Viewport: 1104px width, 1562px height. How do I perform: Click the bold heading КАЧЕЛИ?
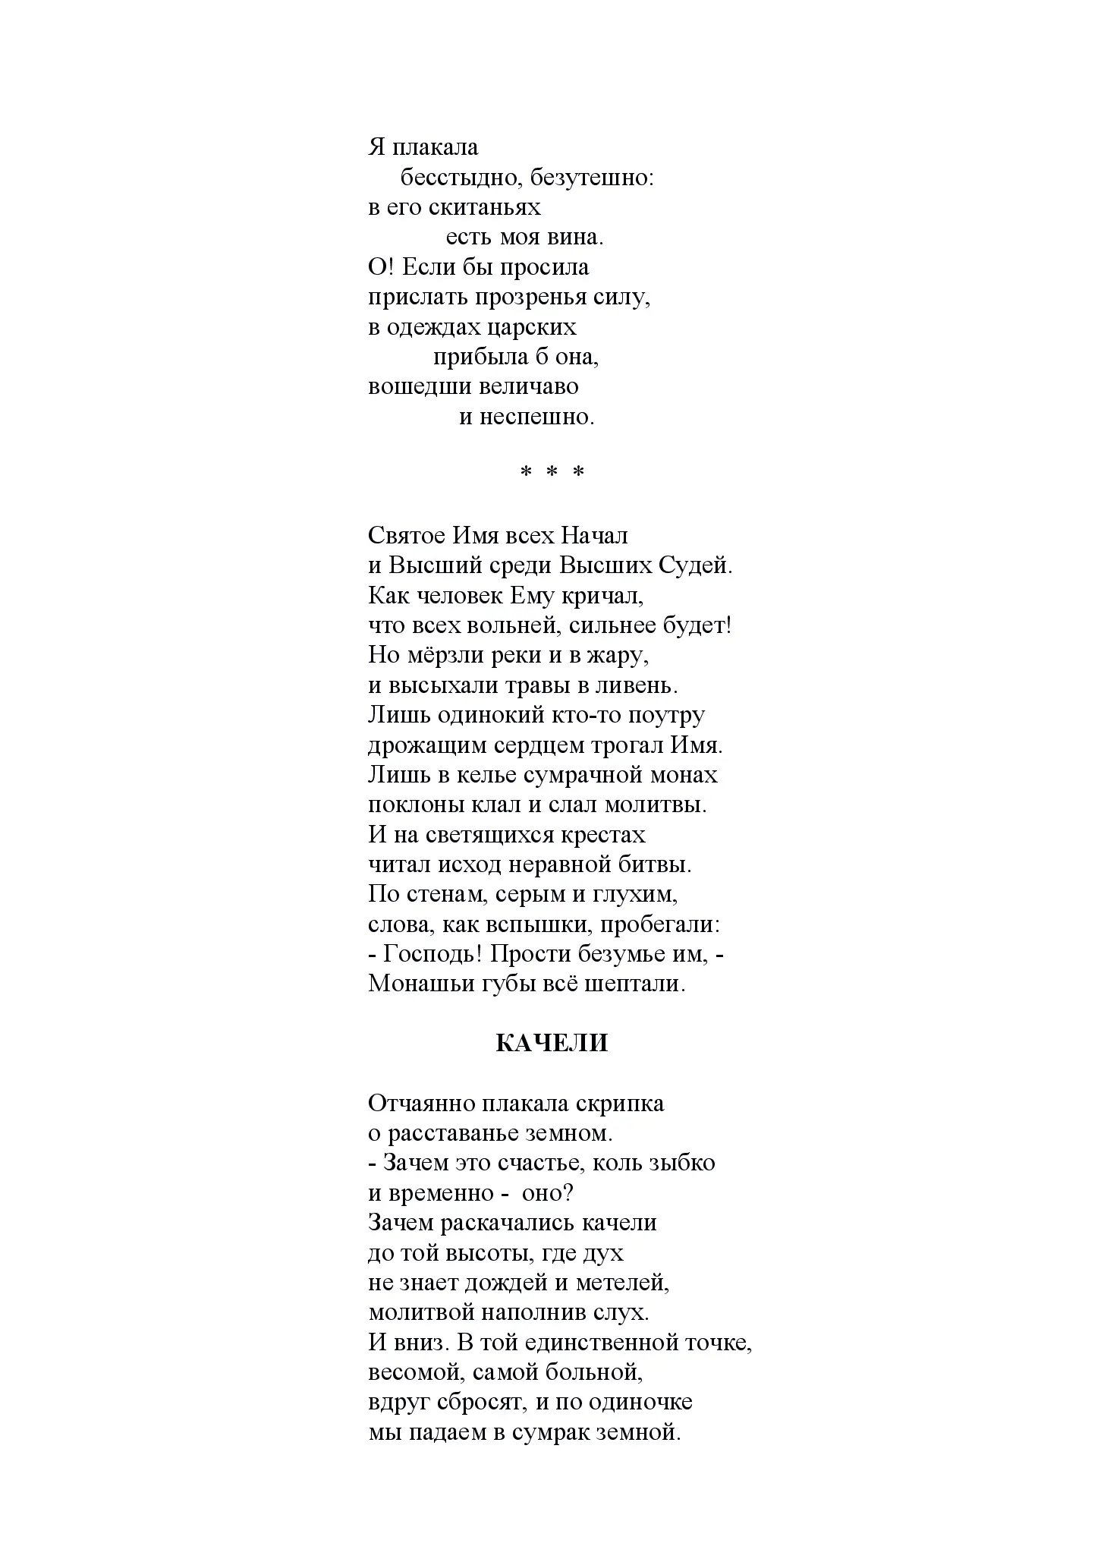click(x=552, y=1044)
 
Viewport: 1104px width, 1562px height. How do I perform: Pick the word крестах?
click(x=603, y=835)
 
